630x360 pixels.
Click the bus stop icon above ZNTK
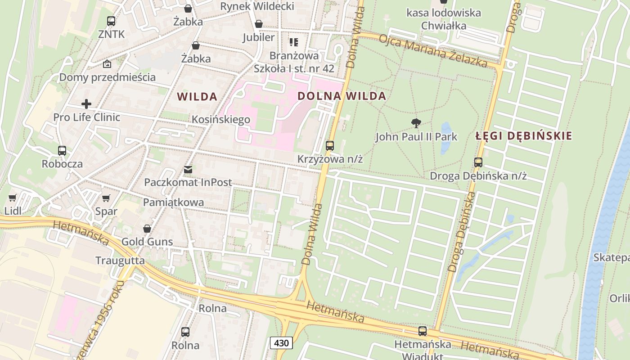pos(111,21)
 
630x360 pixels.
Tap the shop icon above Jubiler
pos(259,24)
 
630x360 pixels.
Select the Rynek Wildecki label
pos(257,6)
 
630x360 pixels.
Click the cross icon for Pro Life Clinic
pos(86,104)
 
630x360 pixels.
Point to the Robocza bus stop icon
pos(62,151)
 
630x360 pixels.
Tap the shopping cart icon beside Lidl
pos(13,198)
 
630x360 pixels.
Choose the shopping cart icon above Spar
pos(106,198)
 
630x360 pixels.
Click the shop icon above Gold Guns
pos(147,229)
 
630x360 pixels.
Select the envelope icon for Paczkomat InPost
pos(188,170)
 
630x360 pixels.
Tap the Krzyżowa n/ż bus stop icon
pos(330,146)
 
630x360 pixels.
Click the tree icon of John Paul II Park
pos(416,123)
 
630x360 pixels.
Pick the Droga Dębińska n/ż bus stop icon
pos(478,162)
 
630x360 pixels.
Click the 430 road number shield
pos(281,343)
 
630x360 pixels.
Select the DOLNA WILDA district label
pos(342,96)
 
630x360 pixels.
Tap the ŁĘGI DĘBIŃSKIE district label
pos(524,135)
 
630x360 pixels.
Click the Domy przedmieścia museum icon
pos(107,64)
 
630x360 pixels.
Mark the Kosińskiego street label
pos(221,120)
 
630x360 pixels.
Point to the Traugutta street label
pos(120,261)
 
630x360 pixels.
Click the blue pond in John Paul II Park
pos(446,137)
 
